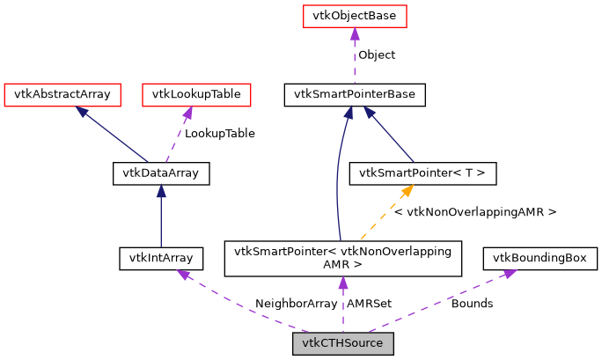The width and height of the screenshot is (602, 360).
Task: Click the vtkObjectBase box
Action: (x=355, y=16)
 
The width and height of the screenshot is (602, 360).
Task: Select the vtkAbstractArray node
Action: (x=62, y=93)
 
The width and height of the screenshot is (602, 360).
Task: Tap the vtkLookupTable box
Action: (x=189, y=93)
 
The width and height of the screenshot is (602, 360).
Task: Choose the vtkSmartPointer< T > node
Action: (x=423, y=173)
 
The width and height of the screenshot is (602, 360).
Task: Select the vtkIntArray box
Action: (x=161, y=258)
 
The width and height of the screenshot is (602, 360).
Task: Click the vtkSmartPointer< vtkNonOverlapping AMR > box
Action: (x=343, y=258)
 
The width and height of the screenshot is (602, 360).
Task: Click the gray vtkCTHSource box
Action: (x=343, y=343)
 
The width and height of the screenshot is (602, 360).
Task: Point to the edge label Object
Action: (x=376, y=55)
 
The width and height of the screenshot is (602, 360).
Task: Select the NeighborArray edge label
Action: (x=296, y=304)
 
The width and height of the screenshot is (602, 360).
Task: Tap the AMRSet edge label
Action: (x=370, y=304)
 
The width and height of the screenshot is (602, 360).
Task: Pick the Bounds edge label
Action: (x=472, y=304)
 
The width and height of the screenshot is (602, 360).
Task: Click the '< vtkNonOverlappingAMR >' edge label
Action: (x=475, y=212)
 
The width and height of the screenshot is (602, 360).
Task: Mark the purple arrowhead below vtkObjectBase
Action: (x=355, y=33)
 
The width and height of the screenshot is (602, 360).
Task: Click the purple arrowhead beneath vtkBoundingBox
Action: (x=508, y=274)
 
